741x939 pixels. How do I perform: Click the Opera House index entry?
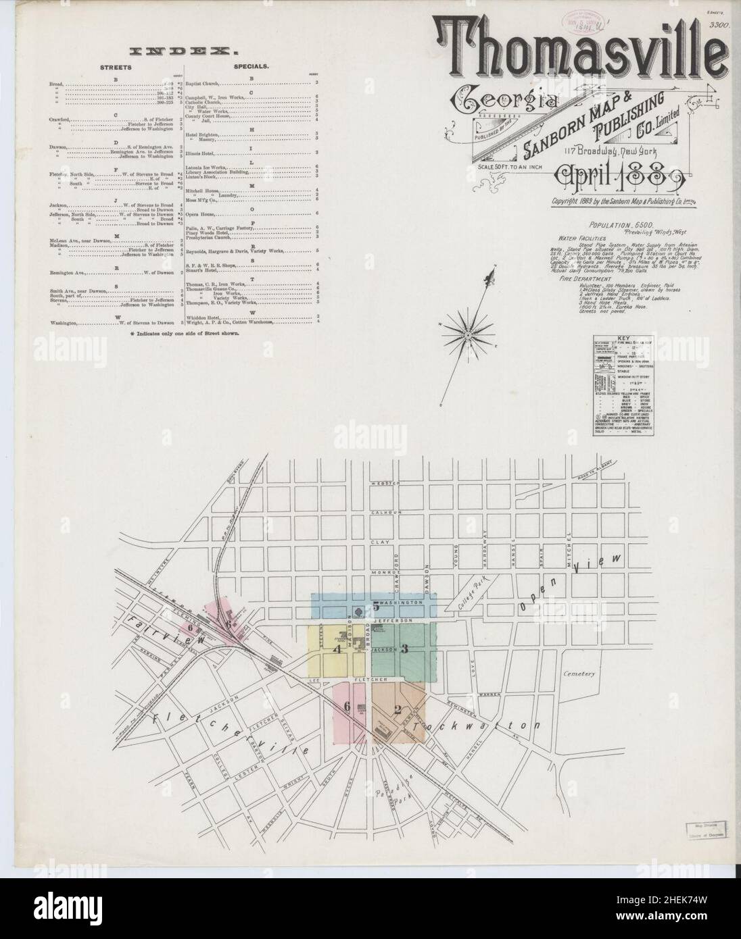(x=201, y=213)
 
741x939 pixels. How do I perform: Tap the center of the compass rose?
(x=467, y=334)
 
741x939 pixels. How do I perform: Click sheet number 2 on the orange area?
(x=398, y=709)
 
